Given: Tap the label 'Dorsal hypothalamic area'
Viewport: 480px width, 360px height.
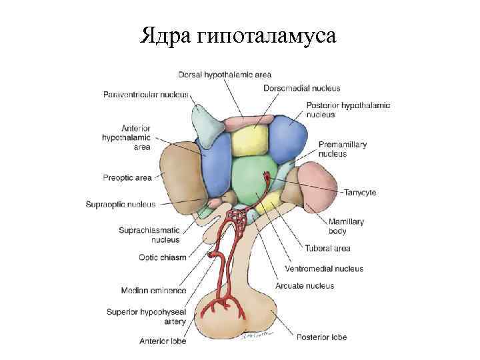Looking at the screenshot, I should [224, 74].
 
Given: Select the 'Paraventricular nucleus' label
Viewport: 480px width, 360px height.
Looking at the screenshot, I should [145, 95].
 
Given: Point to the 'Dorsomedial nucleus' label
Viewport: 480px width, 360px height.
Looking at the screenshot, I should [301, 88].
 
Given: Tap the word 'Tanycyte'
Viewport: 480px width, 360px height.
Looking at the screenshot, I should [360, 193].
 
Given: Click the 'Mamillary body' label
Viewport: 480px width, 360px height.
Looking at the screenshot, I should [346, 227].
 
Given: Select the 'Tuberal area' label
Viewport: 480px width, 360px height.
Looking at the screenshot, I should [327, 249].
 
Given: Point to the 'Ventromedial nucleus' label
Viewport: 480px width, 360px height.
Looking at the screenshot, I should [323, 269].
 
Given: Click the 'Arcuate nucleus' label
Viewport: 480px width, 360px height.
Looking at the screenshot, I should [305, 286].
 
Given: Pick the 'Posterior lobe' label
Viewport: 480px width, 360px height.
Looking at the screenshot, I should [321, 337].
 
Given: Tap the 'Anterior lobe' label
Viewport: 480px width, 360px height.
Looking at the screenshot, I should [163, 341].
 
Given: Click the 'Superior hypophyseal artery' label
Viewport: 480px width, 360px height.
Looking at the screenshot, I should [147, 316].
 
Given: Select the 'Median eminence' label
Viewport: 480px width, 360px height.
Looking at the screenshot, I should [154, 291].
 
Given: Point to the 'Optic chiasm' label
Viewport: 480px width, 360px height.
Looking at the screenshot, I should [163, 257].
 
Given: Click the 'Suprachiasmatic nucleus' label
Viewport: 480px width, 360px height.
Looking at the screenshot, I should [149, 235].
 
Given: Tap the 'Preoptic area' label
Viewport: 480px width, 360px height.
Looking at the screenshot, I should [127, 177].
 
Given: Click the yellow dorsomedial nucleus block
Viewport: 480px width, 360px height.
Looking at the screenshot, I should [248, 141].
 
